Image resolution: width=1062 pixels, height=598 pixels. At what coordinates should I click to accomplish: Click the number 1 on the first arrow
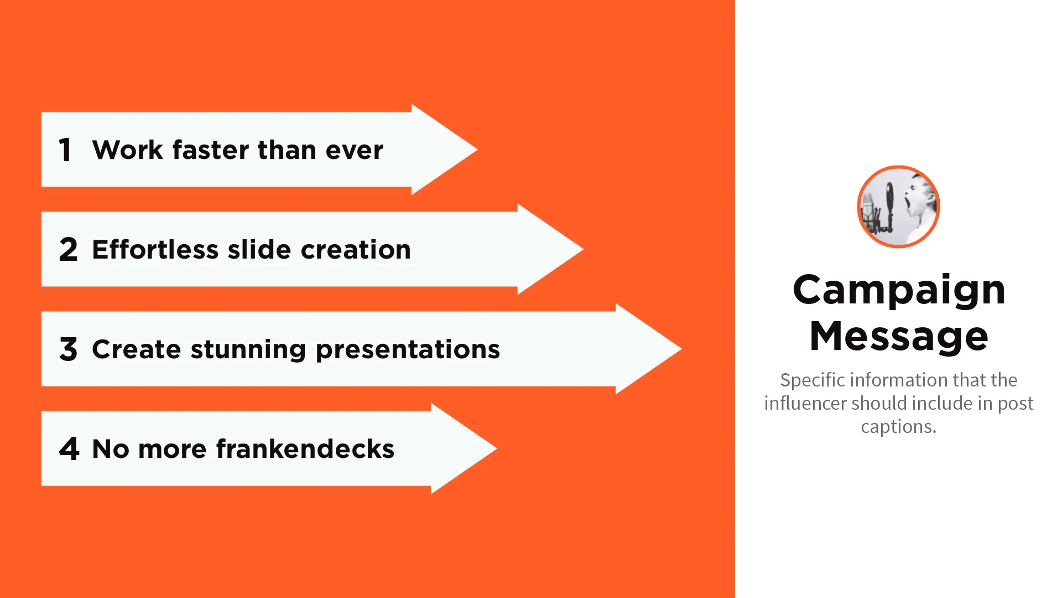(x=65, y=150)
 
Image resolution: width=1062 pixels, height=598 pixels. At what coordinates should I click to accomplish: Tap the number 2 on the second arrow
(x=69, y=250)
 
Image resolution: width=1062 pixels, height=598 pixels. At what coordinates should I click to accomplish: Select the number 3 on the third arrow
(x=69, y=349)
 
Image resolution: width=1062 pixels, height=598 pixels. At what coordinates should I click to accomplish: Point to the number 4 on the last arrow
(x=69, y=449)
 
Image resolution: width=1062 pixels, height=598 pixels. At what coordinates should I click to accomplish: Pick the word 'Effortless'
(x=155, y=250)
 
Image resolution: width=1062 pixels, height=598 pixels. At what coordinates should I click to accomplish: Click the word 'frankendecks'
(x=305, y=449)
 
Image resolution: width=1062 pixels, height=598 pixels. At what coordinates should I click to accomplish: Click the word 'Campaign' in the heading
(x=899, y=290)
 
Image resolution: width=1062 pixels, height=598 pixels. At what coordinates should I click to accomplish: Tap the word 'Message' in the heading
(x=899, y=336)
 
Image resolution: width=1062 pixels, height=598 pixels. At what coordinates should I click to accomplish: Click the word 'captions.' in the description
(x=899, y=427)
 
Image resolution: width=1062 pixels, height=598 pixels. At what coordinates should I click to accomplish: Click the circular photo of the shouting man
(x=899, y=207)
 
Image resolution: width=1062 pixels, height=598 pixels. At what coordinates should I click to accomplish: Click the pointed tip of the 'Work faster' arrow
(x=477, y=149)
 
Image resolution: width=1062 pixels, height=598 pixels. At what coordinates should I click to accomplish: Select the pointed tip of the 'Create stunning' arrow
(x=681, y=349)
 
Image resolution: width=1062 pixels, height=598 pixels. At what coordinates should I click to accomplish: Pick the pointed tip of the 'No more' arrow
(x=497, y=448)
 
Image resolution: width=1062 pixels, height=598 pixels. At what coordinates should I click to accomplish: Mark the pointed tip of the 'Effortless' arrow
(x=584, y=249)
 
